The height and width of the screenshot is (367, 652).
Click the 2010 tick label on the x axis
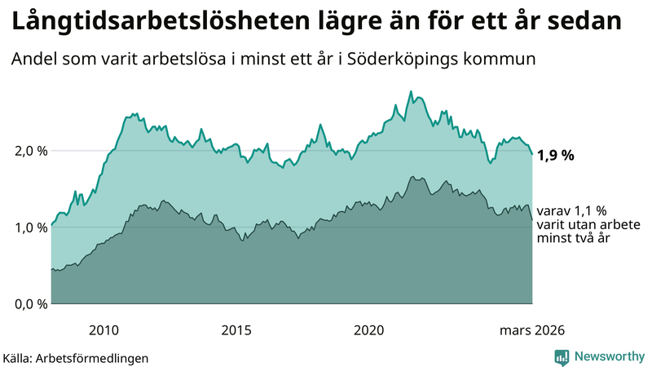click(104, 330)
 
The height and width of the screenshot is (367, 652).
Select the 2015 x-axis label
click(236, 330)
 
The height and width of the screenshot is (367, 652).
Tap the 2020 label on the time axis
click(369, 330)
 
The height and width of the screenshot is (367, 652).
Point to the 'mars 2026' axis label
click(531, 330)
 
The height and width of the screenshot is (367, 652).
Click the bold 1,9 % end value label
click(556, 155)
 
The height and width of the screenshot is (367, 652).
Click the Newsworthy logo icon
click(562, 356)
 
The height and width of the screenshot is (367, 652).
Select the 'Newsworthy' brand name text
click(608, 356)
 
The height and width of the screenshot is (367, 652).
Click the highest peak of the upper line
click(410, 91)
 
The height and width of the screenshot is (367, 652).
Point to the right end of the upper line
click(532, 154)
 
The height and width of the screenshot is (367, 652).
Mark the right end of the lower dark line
click(532, 219)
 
